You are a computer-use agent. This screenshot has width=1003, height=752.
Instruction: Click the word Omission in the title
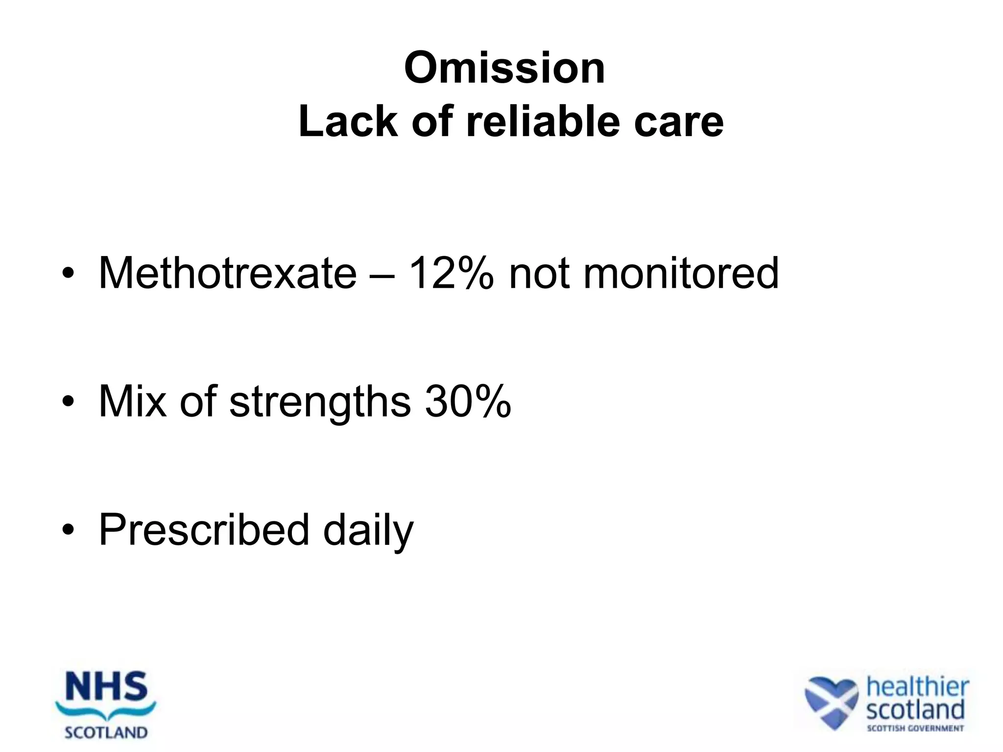(504, 68)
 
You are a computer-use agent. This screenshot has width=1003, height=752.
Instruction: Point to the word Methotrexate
(228, 273)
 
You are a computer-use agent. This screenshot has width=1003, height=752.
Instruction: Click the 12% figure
(451, 273)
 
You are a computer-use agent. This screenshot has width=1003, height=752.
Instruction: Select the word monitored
(681, 273)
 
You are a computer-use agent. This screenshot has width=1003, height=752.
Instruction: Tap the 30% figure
(468, 401)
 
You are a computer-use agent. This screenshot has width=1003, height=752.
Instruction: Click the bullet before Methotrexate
(68, 274)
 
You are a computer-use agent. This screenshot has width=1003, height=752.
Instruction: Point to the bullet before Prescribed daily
(68, 531)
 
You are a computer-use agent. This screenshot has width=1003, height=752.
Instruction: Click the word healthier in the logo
(917, 687)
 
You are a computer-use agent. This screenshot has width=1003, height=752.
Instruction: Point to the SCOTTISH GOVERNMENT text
(915, 728)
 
